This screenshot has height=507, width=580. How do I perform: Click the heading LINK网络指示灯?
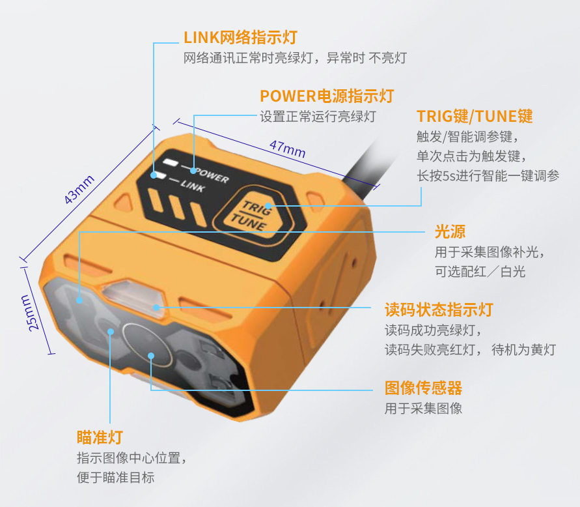[x=240, y=37]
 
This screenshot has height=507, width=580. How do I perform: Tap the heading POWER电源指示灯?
[x=327, y=96]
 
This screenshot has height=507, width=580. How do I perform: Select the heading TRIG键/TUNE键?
[x=475, y=116]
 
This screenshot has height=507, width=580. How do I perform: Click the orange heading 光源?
[x=450, y=232]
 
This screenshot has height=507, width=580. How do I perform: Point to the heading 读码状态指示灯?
[x=439, y=310]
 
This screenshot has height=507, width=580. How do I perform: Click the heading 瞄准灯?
[x=100, y=437]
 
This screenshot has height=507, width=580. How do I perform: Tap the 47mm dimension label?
[x=288, y=149]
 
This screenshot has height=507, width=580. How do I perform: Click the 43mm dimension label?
[x=79, y=189]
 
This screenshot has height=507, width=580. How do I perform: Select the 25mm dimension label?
[x=29, y=313]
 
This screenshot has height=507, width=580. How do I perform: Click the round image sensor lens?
[x=147, y=345]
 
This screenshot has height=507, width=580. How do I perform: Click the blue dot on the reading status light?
[x=156, y=308]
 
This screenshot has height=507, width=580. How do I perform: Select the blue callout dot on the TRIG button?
[x=268, y=206]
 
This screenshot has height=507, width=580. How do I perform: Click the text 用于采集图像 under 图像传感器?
[x=424, y=409]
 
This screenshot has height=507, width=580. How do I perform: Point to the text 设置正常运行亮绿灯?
[x=318, y=117]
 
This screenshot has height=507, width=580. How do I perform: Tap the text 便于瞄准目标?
[x=116, y=478]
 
